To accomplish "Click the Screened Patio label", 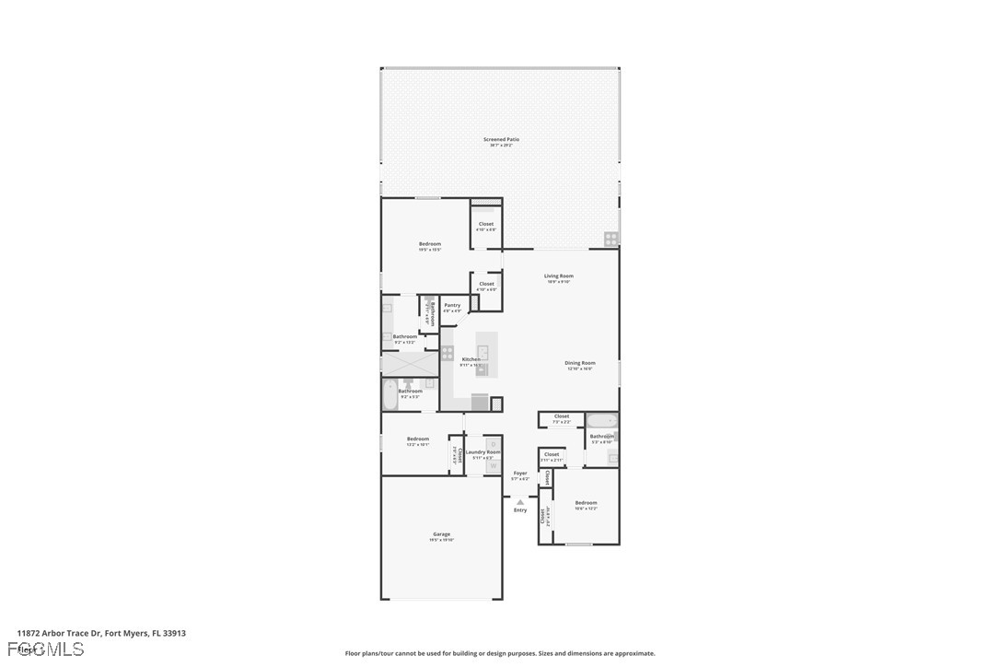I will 501,139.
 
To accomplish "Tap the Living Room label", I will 558,276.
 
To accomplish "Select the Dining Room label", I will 579,363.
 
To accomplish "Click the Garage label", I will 442,534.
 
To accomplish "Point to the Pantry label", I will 452,305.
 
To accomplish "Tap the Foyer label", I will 520,473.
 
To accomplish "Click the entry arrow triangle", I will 520,502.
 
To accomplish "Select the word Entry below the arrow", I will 520,510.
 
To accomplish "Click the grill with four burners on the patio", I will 611,239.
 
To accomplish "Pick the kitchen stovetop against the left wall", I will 448,352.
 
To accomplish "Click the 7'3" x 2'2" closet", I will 562,419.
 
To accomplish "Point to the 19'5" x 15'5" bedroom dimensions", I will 430,250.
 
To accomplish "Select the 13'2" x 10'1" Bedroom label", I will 418,439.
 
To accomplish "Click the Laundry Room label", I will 483,451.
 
